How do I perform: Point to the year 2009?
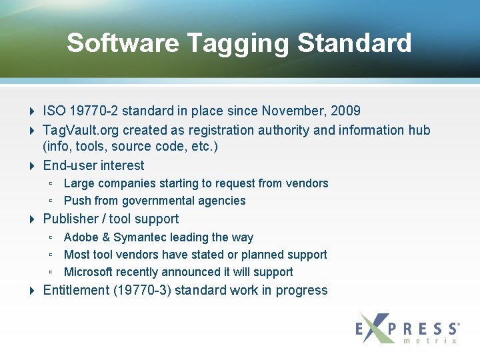click(x=347, y=111)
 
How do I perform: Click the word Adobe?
click(x=80, y=237)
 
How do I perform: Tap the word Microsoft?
click(x=89, y=272)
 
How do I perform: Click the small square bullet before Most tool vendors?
click(x=51, y=255)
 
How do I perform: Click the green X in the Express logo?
click(x=377, y=328)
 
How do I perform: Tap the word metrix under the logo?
click(x=430, y=341)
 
